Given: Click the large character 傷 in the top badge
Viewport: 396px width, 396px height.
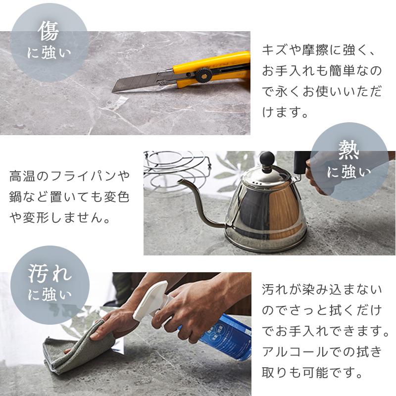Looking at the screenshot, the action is [49, 31].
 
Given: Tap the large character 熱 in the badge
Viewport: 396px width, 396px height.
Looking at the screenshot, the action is [349, 150].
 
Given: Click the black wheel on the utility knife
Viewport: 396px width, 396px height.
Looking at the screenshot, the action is [203, 75].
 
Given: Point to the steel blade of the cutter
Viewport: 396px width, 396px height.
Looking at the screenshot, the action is [137, 82].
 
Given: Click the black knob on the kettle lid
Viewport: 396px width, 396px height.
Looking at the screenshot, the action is [267, 158].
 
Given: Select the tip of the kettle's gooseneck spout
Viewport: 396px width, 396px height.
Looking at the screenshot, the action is [179, 181].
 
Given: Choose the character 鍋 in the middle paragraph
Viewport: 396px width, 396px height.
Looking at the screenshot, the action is [16, 197].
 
